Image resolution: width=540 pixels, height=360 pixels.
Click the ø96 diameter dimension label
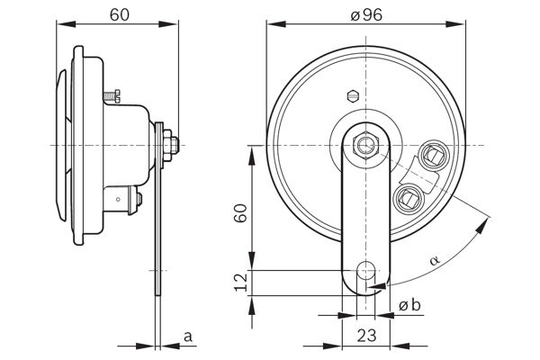pyautogui.click(x=366, y=15)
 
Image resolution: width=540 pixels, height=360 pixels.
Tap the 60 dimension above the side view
pyautogui.click(x=120, y=14)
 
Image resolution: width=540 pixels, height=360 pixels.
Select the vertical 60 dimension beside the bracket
pyautogui.click(x=240, y=213)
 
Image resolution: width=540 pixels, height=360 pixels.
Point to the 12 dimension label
pyautogui.click(x=241, y=282)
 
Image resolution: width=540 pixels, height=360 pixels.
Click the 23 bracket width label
pyautogui.click(x=366, y=335)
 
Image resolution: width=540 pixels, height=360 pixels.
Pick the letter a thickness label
pyautogui.click(x=187, y=337)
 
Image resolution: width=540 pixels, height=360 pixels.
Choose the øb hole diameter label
pyautogui.click(x=409, y=305)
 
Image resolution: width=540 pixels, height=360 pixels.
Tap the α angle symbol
pyautogui.click(x=435, y=260)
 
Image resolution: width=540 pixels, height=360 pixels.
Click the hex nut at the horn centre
pyautogui.click(x=365, y=146)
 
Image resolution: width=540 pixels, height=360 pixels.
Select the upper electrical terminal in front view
pyautogui.click(x=433, y=155)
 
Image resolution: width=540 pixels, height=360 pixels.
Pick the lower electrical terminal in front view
pyautogui.click(x=409, y=198)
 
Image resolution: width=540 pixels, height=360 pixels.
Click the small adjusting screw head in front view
pyautogui.click(x=352, y=95)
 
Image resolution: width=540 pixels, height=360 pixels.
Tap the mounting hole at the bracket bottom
pyautogui.click(x=366, y=270)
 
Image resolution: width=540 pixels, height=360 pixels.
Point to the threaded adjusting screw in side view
pyautogui.click(x=112, y=95)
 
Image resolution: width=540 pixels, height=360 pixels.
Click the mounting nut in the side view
pyautogui.click(x=167, y=146)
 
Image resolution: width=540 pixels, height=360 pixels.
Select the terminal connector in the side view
pyautogui.click(x=123, y=200)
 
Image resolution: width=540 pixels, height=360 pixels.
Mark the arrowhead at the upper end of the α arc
pyautogui.click(x=482, y=226)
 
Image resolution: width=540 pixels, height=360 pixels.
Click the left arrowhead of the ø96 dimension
pyautogui.click(x=276, y=23)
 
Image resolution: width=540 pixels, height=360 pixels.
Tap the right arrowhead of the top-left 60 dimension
pyautogui.click(x=168, y=23)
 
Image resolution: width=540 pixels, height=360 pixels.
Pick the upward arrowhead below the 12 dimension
pyautogui.click(x=252, y=306)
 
